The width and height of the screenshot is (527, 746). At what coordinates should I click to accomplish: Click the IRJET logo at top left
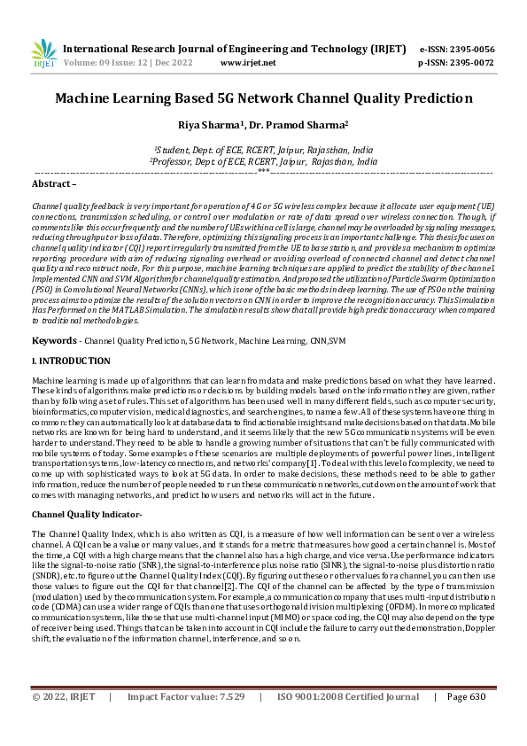[43, 54]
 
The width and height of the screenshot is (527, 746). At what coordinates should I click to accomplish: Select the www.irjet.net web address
[247, 63]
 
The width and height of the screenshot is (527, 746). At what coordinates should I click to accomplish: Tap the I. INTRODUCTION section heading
[71, 361]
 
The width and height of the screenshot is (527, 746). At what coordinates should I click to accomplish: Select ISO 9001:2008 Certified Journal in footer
[347, 722]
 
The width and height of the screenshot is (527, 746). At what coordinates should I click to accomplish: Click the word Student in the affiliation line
[177, 151]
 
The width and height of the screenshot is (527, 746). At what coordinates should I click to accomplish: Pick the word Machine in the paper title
[87, 97]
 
